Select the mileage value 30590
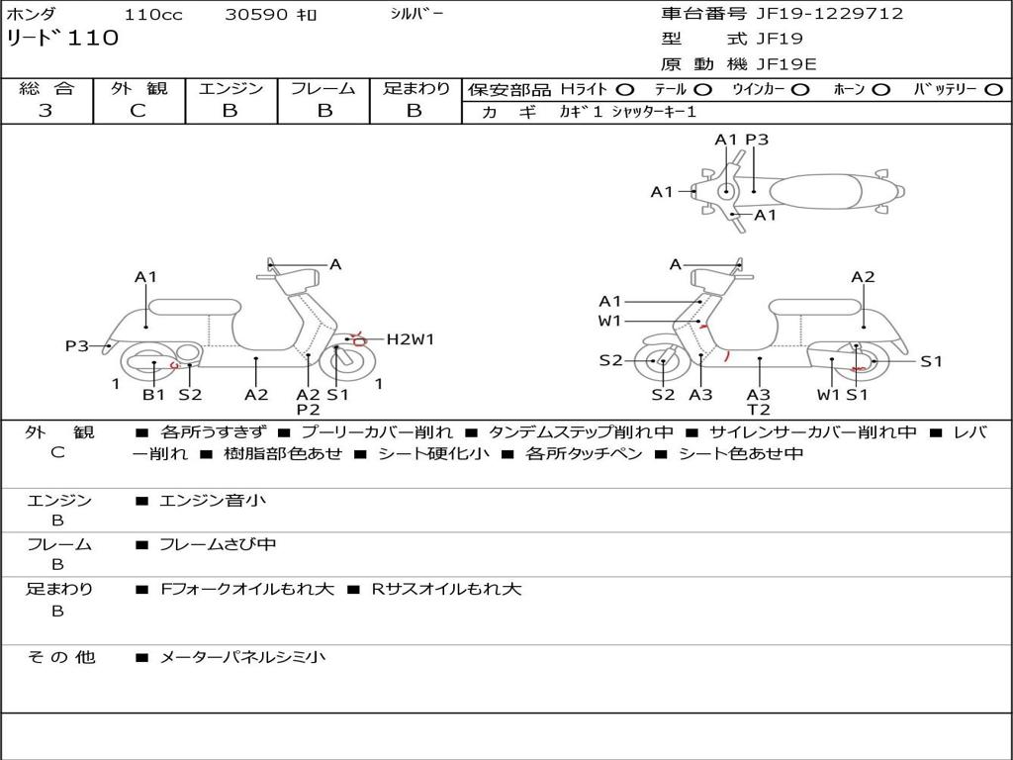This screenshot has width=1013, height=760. coord(256,15)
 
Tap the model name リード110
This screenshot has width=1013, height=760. coord(62,39)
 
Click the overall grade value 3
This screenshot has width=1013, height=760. coord(46,111)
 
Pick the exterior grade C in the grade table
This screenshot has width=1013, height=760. coord(138,111)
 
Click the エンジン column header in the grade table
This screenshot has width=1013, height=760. coord(230,89)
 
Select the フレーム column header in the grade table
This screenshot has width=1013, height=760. coord(322,89)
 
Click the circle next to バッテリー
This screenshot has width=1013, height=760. coord(993,89)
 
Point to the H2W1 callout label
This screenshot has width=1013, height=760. coord(410,339)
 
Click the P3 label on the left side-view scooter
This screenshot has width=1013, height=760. coord(77,345)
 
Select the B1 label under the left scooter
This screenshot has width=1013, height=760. coord(153,394)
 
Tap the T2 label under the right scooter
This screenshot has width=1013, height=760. coord(759,410)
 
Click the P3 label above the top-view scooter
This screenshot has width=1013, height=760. coord(757,140)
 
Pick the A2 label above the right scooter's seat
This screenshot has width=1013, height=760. coord(863,277)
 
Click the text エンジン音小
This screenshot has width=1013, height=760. coord(213,501)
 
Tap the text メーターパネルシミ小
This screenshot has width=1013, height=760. coord(242,657)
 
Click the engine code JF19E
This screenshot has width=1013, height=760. coord(786,64)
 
